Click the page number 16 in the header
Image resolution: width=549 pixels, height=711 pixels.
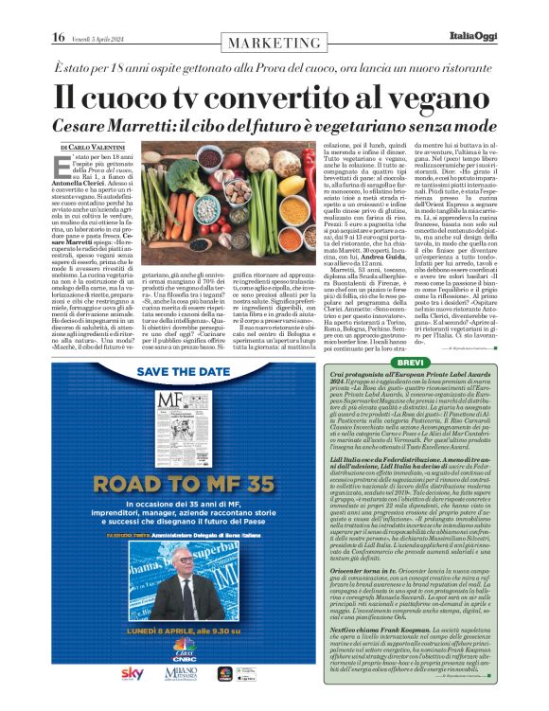59,37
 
